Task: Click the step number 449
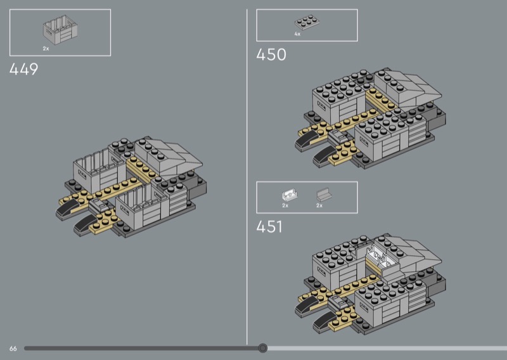(x=23, y=70)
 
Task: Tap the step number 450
(x=271, y=55)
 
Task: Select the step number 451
(x=270, y=227)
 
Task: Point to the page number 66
(x=13, y=349)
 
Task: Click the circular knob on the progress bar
(x=263, y=348)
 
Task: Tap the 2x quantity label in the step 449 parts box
(x=46, y=48)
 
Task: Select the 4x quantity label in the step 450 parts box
(x=297, y=34)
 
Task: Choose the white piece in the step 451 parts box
(x=286, y=195)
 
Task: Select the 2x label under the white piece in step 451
(x=285, y=206)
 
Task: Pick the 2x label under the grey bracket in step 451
(x=319, y=206)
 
